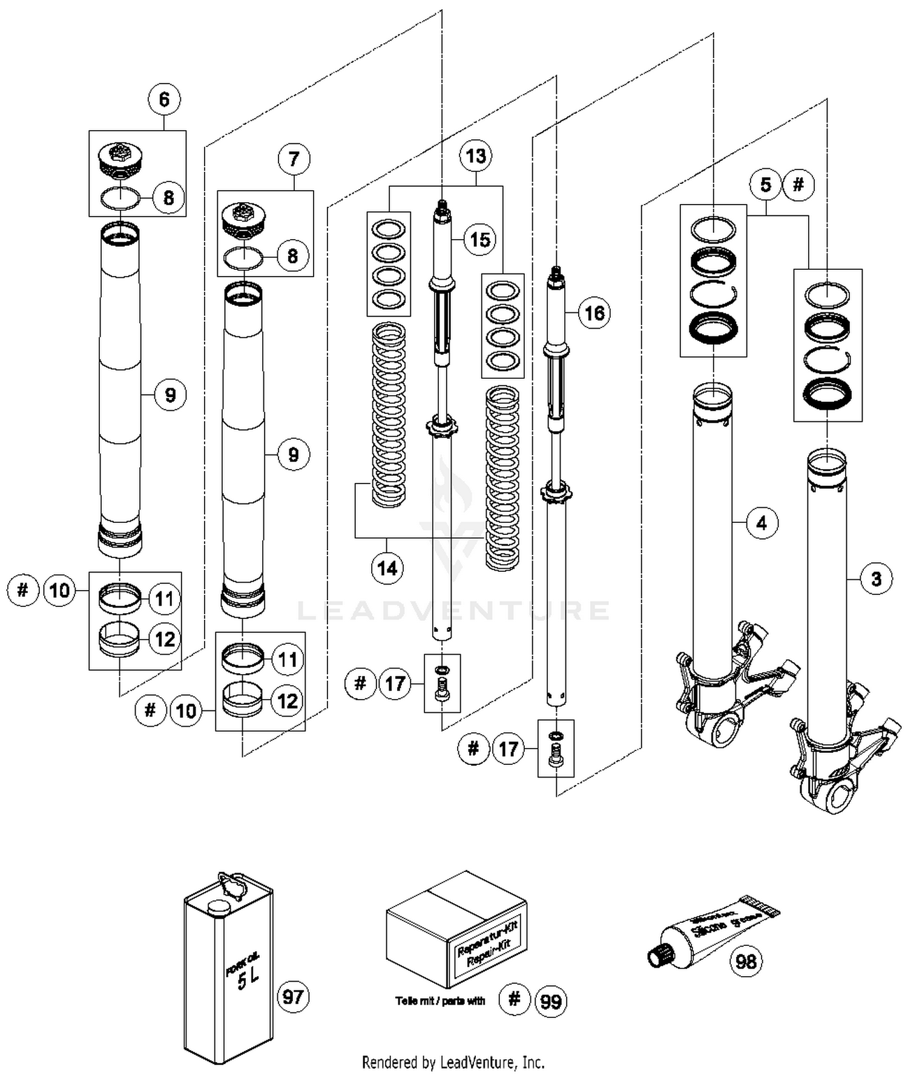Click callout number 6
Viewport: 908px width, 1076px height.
(x=165, y=99)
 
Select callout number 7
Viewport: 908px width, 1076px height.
(x=294, y=159)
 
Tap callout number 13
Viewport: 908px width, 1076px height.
(x=476, y=156)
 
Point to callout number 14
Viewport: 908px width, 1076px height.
(x=387, y=568)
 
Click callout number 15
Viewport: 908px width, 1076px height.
(x=480, y=240)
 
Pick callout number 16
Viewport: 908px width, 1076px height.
(x=594, y=313)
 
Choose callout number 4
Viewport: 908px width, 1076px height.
(x=762, y=522)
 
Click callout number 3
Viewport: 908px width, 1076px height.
(x=876, y=579)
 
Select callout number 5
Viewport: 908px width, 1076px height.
(x=766, y=185)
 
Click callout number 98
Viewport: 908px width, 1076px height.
(x=746, y=961)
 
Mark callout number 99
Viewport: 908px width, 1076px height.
(x=550, y=1002)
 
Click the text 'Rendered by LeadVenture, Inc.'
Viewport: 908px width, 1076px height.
(x=453, y=1062)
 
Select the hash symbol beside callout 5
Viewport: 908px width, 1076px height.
(x=798, y=184)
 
